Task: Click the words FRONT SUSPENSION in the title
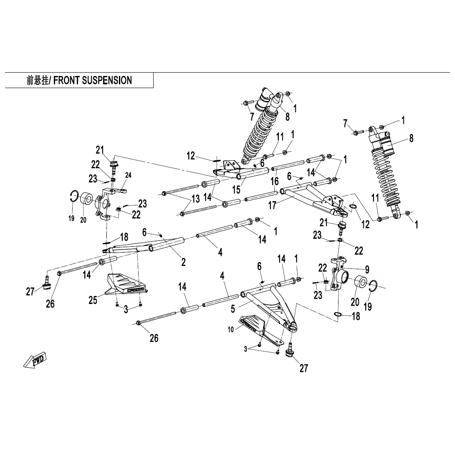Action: tap(93, 80)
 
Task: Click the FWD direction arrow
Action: tap(35, 360)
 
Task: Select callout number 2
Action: tap(183, 262)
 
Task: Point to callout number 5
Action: tap(233, 308)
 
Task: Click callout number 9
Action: tap(367, 270)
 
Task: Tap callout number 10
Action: tap(231, 329)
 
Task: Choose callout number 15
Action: tap(237, 189)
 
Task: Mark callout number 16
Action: tap(274, 181)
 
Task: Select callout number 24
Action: tap(128, 175)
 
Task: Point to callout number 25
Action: tap(93, 299)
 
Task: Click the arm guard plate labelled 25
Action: tap(125, 284)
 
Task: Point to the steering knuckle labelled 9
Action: tap(336, 276)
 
